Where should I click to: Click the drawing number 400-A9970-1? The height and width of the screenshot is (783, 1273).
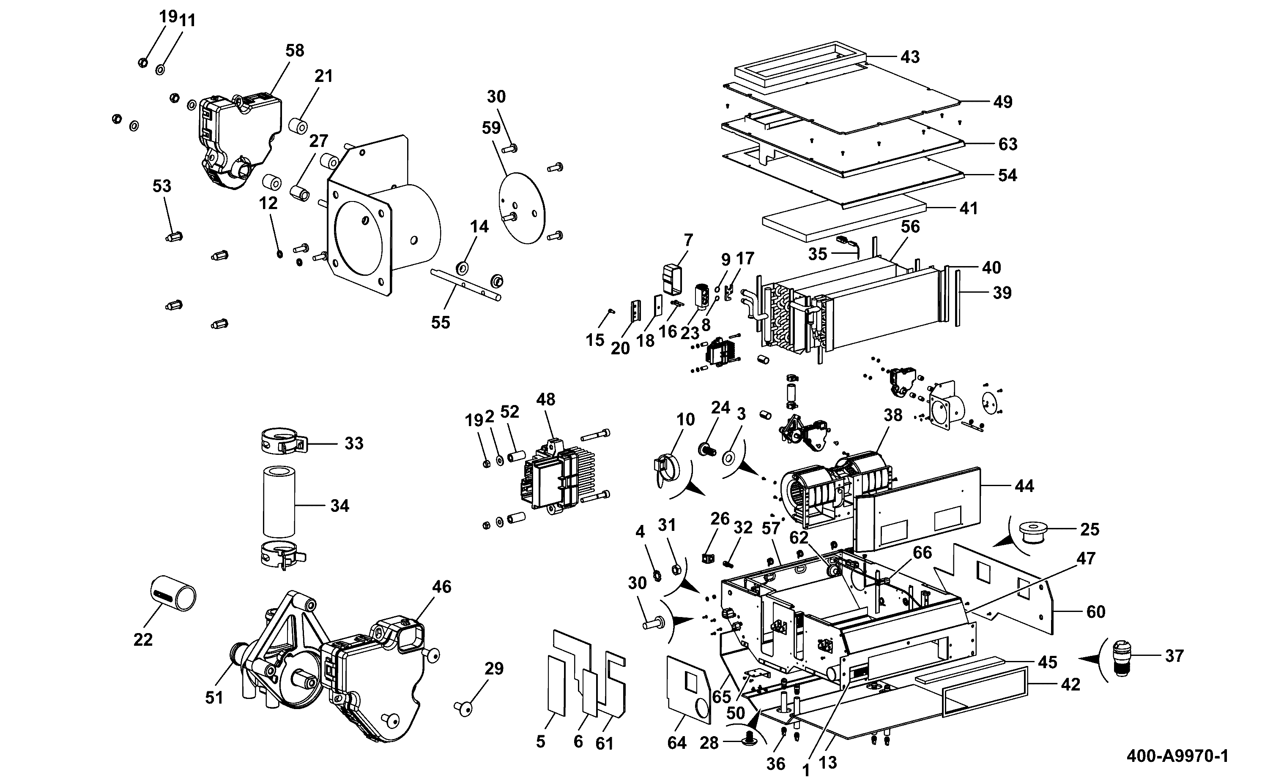coord(1177,756)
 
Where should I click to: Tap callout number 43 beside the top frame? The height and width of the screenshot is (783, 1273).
coord(910,57)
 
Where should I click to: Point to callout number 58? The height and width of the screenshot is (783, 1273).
coord(295,50)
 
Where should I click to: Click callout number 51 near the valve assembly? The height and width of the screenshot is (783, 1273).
coord(214,698)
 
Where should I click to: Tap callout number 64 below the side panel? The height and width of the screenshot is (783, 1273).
coord(677,742)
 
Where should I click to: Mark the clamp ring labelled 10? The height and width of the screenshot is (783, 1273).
coord(663,470)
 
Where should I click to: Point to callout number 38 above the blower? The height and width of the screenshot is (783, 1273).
coord(893,415)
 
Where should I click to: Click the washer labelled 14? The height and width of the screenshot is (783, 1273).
coord(461,269)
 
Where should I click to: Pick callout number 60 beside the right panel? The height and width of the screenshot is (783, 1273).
coord(1096,612)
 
